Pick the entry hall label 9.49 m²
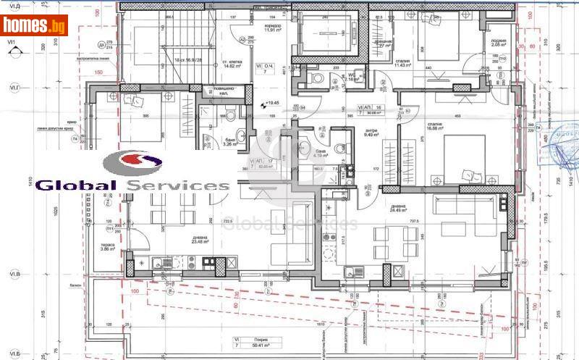(372, 134)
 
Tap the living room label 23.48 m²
(200, 243)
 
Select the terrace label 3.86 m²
(108, 248)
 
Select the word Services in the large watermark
(177, 185)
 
